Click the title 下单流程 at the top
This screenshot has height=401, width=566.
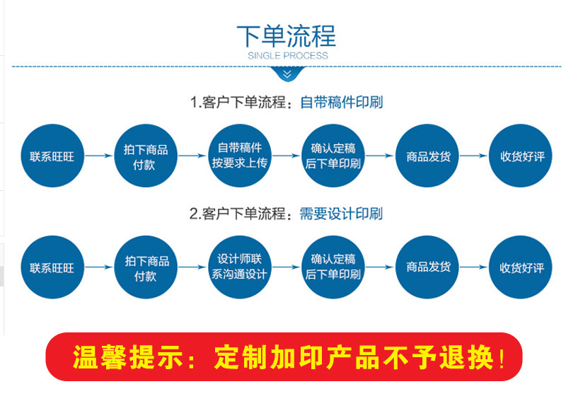tap(286, 35)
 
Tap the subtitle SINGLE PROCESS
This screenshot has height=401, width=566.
tap(287, 55)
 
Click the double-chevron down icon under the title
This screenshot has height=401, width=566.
tap(287, 74)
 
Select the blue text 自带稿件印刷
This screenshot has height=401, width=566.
tap(341, 102)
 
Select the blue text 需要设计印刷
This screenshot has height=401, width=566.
tap(341, 214)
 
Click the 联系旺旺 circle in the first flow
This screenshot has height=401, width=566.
tap(52, 156)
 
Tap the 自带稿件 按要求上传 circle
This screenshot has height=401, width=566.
tap(239, 156)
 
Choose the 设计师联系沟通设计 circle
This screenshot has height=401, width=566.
tap(239, 267)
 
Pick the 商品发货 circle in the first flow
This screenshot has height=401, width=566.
tap(427, 156)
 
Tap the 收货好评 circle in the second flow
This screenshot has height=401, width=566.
tap(521, 267)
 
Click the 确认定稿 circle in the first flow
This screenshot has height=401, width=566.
tap(333, 156)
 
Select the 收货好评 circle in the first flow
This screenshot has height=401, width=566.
tap(521, 156)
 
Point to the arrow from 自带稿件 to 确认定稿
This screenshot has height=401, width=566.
tap(286, 156)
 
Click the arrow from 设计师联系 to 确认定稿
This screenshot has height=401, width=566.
tap(286, 267)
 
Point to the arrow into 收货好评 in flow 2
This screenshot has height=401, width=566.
tap(474, 267)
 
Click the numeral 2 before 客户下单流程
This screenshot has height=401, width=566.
tap(193, 214)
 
